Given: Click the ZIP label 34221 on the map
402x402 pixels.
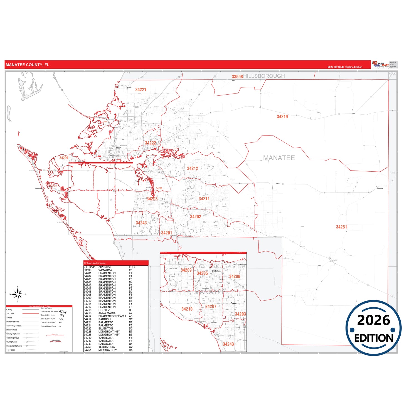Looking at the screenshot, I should tap(140, 90).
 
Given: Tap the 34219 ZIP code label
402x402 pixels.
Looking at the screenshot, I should tap(282, 117).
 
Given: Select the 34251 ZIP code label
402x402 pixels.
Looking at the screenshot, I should tap(341, 227).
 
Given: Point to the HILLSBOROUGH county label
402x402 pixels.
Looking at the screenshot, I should tap(264, 76).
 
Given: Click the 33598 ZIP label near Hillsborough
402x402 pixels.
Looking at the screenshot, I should tap(237, 77).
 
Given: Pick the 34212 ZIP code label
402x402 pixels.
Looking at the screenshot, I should tap(193, 168).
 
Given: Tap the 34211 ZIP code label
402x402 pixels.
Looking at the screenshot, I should tap(204, 199).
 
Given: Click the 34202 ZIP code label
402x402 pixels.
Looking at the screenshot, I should tap(195, 217).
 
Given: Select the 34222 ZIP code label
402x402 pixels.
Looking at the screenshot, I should tap(151, 143).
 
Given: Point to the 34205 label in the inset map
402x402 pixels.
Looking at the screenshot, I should tap(202, 273).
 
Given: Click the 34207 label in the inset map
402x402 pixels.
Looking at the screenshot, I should tap(211, 307).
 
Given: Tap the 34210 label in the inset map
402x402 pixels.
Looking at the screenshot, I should tap(187, 309).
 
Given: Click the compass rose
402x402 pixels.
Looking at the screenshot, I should tap(18, 294).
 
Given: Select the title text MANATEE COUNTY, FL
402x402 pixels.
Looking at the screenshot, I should tap(27, 65).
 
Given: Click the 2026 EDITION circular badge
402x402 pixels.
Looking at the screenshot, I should tap(374, 328).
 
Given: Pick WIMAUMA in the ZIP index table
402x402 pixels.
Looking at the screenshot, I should tap(105, 270).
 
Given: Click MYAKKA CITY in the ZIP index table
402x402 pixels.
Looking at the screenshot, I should tap(107, 350).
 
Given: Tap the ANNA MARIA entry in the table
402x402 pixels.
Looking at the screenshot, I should tap(107, 313).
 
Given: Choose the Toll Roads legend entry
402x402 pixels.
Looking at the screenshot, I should tap(11, 350).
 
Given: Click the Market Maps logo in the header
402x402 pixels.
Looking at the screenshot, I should tap(381, 64).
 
